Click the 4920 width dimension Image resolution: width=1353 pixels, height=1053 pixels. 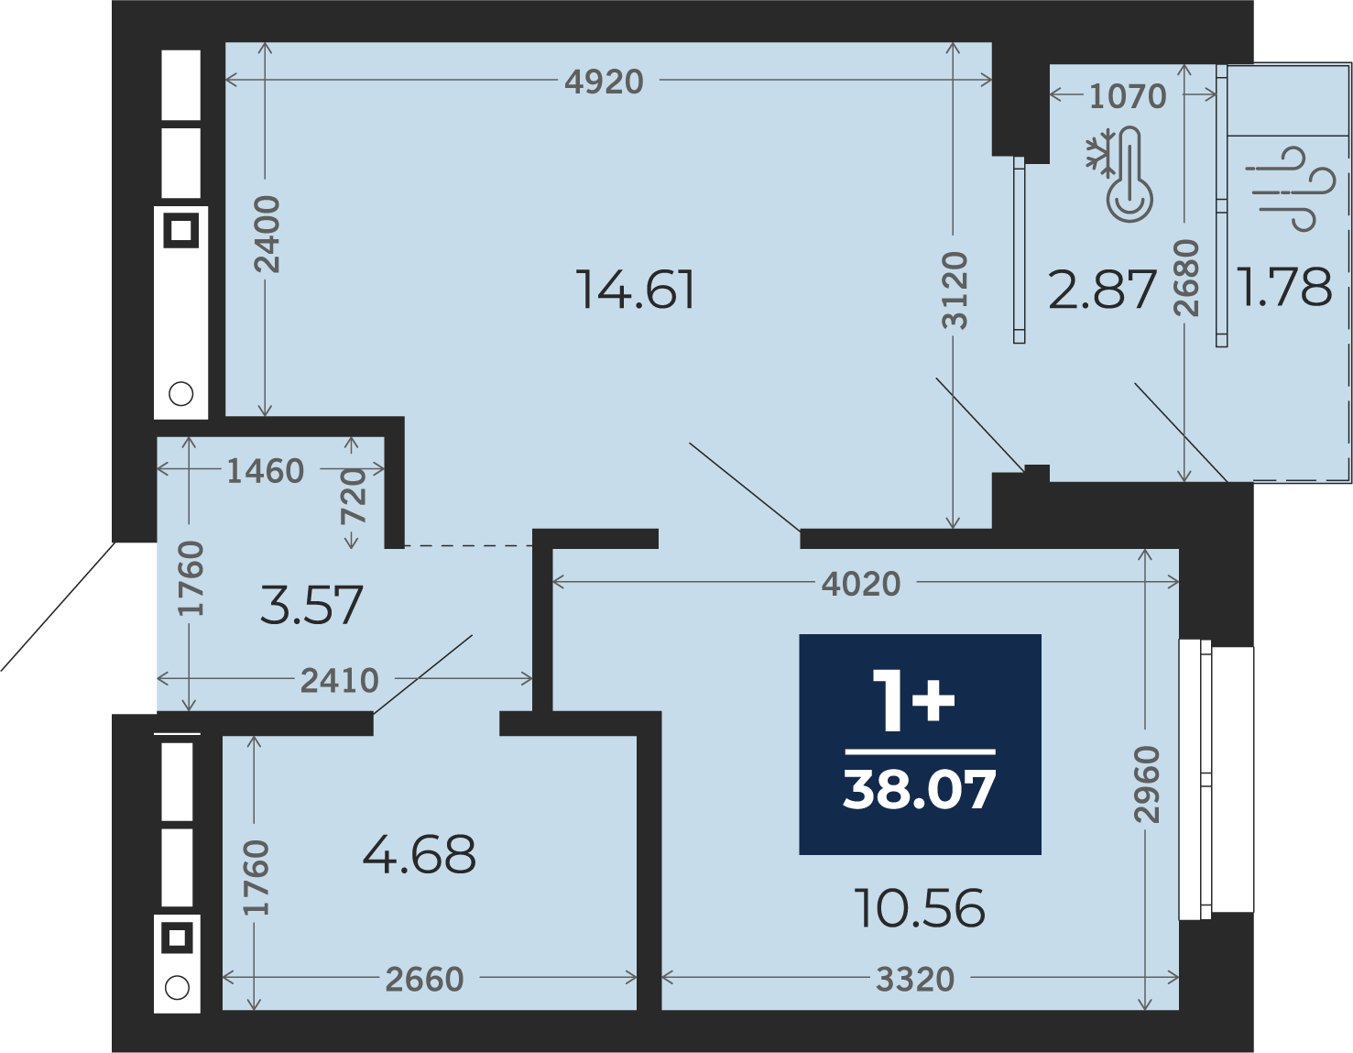click(604, 82)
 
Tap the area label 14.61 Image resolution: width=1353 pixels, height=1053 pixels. click(635, 290)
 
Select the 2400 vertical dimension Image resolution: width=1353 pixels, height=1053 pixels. click(267, 234)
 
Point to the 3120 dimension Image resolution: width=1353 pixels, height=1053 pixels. click(955, 291)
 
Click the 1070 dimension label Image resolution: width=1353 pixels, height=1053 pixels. click(1127, 96)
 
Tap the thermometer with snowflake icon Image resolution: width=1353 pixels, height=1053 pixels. click(1118, 174)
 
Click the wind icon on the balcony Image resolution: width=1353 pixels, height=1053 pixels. click(1290, 189)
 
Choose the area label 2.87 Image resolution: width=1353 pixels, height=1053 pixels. click(1102, 290)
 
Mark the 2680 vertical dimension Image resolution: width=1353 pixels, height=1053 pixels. click(1184, 278)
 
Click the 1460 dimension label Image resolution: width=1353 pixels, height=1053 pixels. click(266, 471)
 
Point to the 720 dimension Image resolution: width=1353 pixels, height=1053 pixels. click(353, 497)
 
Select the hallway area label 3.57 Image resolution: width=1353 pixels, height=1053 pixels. click(311, 605)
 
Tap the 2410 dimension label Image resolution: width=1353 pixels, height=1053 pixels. click(339, 681)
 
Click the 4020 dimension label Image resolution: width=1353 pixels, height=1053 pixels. click(861, 584)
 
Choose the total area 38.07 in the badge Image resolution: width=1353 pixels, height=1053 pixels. click(920, 790)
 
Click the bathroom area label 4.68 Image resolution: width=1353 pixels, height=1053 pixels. click(419, 854)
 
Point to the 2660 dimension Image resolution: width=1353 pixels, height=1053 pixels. click(425, 980)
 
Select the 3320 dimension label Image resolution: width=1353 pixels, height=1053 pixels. click(915, 980)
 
